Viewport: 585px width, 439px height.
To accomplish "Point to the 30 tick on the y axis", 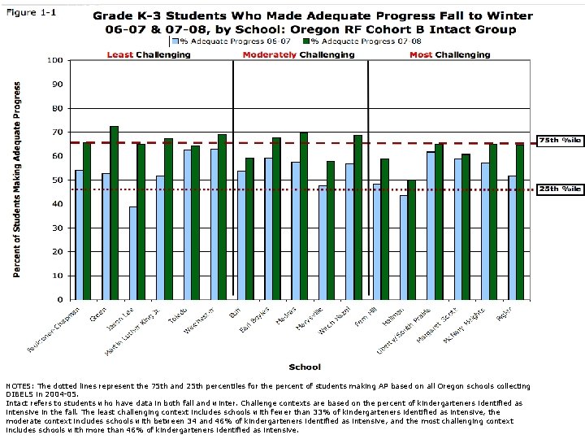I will coord(58,228).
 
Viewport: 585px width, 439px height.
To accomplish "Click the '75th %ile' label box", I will coord(560,141).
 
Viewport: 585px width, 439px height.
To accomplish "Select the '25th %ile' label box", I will coord(560,189).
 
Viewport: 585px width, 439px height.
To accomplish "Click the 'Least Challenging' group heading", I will coord(149,54).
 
